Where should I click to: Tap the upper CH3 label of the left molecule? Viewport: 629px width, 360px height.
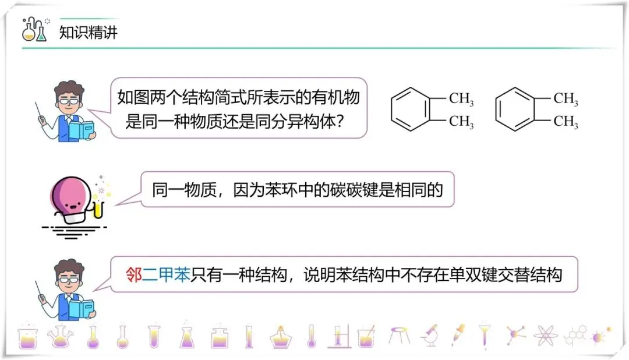(461, 98)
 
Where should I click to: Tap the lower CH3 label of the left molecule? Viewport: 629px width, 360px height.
(461, 122)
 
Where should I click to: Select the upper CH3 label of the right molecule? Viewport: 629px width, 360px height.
(565, 98)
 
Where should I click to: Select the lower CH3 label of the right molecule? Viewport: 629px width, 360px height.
(565, 122)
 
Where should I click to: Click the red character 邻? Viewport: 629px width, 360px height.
(134, 274)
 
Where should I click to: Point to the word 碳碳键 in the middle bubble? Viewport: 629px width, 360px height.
(345, 189)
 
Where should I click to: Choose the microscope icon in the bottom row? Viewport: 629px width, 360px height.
(430, 336)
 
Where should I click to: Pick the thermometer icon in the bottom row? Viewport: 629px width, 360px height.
(312, 337)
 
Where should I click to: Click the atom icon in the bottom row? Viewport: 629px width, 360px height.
(545, 337)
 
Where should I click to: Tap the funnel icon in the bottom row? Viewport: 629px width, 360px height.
(485, 336)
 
